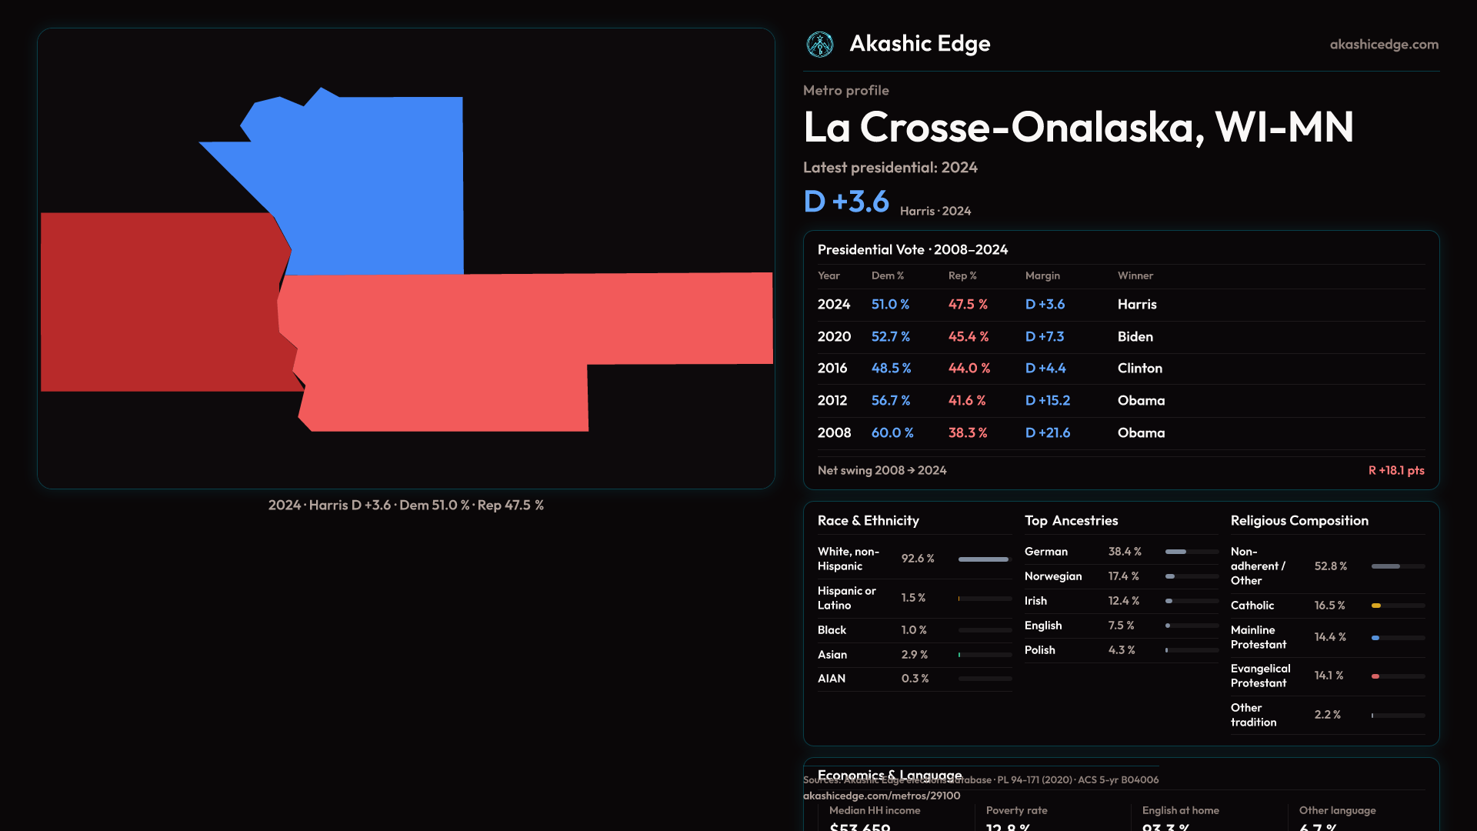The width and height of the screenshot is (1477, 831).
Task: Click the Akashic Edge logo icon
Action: tap(820, 45)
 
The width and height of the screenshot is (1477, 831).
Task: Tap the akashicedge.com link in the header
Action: tap(1384, 45)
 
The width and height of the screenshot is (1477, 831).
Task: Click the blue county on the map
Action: tap(369, 185)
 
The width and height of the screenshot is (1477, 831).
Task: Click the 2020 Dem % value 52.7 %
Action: tap(890, 336)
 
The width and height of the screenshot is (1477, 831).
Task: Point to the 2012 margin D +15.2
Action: tap(1047, 400)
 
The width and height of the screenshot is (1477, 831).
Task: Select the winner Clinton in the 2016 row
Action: tap(1139, 368)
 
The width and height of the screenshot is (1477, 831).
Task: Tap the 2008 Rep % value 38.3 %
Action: tap(967, 432)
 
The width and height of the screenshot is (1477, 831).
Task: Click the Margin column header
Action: tap(1042, 275)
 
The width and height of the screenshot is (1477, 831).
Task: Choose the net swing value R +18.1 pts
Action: tap(1395, 470)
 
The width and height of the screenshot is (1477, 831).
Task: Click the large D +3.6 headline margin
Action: tap(846, 202)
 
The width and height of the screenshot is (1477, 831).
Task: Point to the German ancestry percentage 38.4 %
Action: tap(1125, 552)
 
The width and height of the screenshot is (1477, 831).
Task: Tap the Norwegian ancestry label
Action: tap(1052, 576)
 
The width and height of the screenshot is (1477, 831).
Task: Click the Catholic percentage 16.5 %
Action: tap(1329, 606)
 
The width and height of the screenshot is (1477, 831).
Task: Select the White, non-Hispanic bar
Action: tap(983, 559)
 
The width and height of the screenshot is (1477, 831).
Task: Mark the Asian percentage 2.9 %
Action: tap(914, 655)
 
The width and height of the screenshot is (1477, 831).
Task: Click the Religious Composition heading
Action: tap(1299, 521)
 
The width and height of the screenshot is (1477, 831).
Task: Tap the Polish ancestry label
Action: tap(1039, 650)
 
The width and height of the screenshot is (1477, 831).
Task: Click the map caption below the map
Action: tap(405, 506)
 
